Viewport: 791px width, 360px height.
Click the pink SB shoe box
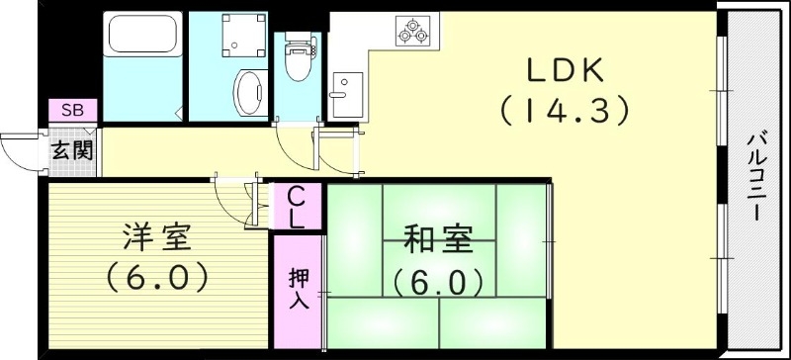(72, 111)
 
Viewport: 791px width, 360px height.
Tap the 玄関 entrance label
(72, 150)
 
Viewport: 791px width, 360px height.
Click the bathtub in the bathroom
(144, 38)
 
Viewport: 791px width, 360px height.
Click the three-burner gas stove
(412, 30)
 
